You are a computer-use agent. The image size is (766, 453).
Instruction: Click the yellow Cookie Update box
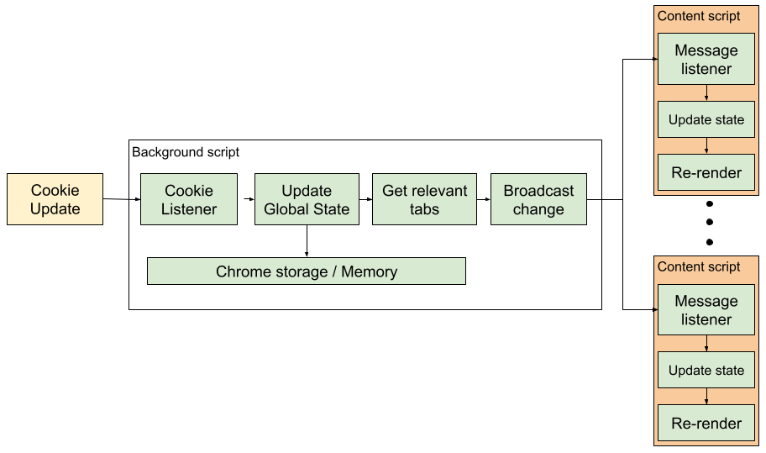click(55, 199)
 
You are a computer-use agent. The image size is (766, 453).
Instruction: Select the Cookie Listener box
click(189, 199)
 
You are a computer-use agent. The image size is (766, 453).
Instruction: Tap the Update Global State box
click(307, 199)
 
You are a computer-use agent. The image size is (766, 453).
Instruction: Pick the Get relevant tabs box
click(424, 199)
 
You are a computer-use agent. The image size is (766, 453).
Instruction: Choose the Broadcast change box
click(538, 199)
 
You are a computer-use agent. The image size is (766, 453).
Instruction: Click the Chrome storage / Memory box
click(307, 271)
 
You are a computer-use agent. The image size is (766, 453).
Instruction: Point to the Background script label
click(186, 152)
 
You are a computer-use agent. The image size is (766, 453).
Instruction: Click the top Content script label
click(699, 16)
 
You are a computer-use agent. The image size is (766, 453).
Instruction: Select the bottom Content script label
click(699, 266)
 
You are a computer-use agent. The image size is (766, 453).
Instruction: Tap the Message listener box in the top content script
click(706, 59)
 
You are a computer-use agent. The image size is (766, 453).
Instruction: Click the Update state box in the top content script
click(706, 119)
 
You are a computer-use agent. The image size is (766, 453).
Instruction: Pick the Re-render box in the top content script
click(706, 172)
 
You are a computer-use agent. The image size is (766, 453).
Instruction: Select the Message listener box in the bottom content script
click(706, 309)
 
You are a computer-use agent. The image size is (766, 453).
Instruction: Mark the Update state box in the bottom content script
click(706, 370)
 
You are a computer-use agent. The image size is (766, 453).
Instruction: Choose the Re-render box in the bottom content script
click(706, 423)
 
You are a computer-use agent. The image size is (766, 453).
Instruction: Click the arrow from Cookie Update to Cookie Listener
click(122, 199)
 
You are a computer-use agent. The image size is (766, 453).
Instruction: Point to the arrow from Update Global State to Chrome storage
click(307, 241)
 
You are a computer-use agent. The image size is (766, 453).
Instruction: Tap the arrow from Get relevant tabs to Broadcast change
click(484, 199)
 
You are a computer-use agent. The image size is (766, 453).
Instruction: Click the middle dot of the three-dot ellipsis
click(710, 222)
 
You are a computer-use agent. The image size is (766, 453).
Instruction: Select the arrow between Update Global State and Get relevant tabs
click(365, 199)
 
